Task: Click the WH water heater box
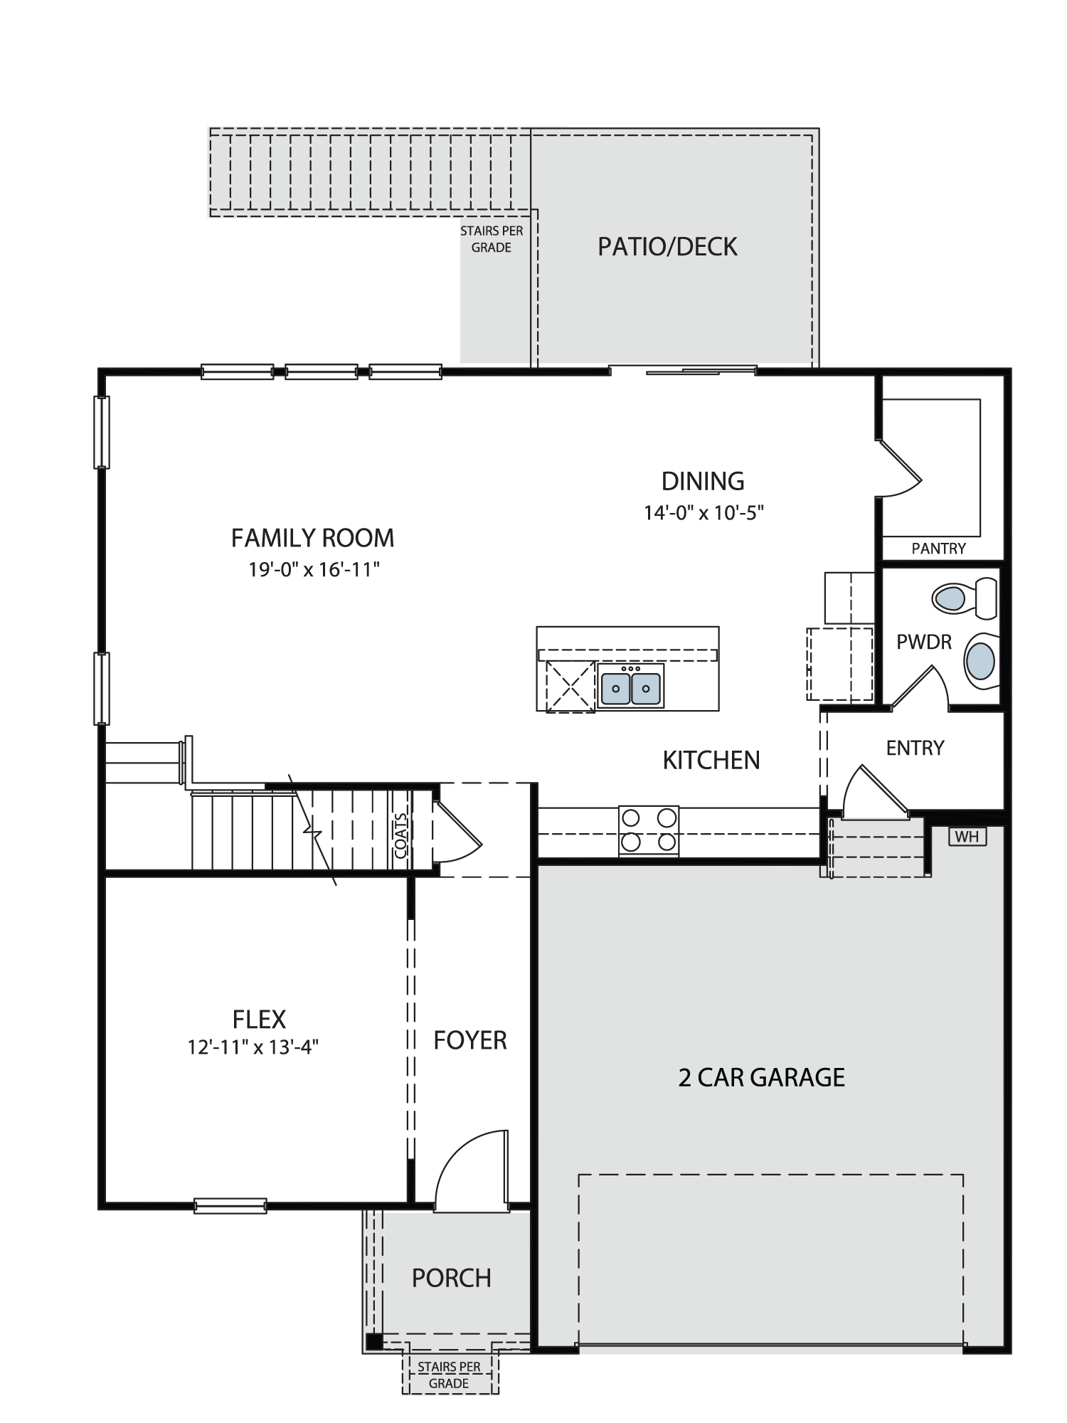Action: pyautogui.click(x=967, y=837)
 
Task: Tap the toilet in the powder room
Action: pyautogui.click(x=964, y=598)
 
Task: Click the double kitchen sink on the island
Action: pyautogui.click(x=630, y=687)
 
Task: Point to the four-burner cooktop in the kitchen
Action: pyautogui.click(x=649, y=830)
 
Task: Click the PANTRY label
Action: pyautogui.click(x=939, y=549)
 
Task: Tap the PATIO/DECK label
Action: pyautogui.click(x=667, y=247)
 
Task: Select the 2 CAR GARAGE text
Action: pyautogui.click(x=761, y=1077)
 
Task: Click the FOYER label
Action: pyautogui.click(x=470, y=1040)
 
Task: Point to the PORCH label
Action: pyautogui.click(x=452, y=1279)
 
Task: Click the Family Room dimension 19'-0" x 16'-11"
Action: pyautogui.click(x=314, y=570)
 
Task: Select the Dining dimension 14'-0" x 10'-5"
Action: pyautogui.click(x=704, y=513)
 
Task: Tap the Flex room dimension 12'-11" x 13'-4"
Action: pyautogui.click(x=253, y=1047)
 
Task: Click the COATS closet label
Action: pyautogui.click(x=400, y=836)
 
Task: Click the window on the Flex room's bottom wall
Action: pyautogui.click(x=230, y=1206)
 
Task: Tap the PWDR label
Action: pyautogui.click(x=924, y=642)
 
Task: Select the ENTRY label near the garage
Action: pyautogui.click(x=915, y=748)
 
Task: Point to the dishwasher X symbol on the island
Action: pyautogui.click(x=570, y=687)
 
